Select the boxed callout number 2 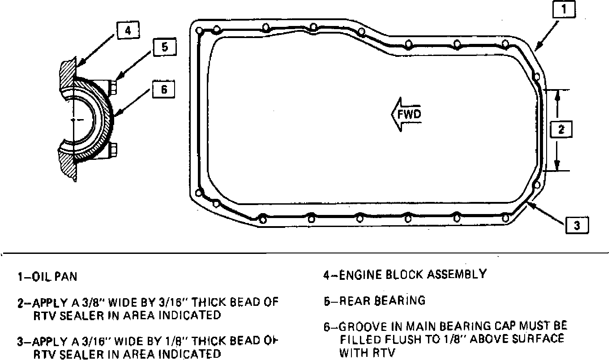click(x=561, y=129)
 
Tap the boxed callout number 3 click(x=577, y=225)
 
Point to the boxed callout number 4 click(x=128, y=30)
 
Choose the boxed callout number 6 click(x=163, y=89)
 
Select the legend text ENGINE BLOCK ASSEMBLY click(x=411, y=274)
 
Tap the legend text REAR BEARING click(x=382, y=300)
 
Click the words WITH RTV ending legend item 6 click(x=367, y=353)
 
